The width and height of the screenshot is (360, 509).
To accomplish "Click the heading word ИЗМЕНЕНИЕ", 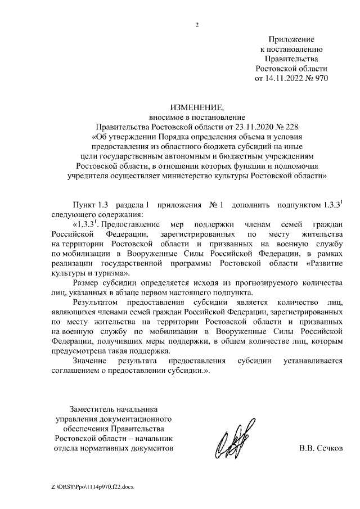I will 197,108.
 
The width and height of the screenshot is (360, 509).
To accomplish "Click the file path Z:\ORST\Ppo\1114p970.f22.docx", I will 91,485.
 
